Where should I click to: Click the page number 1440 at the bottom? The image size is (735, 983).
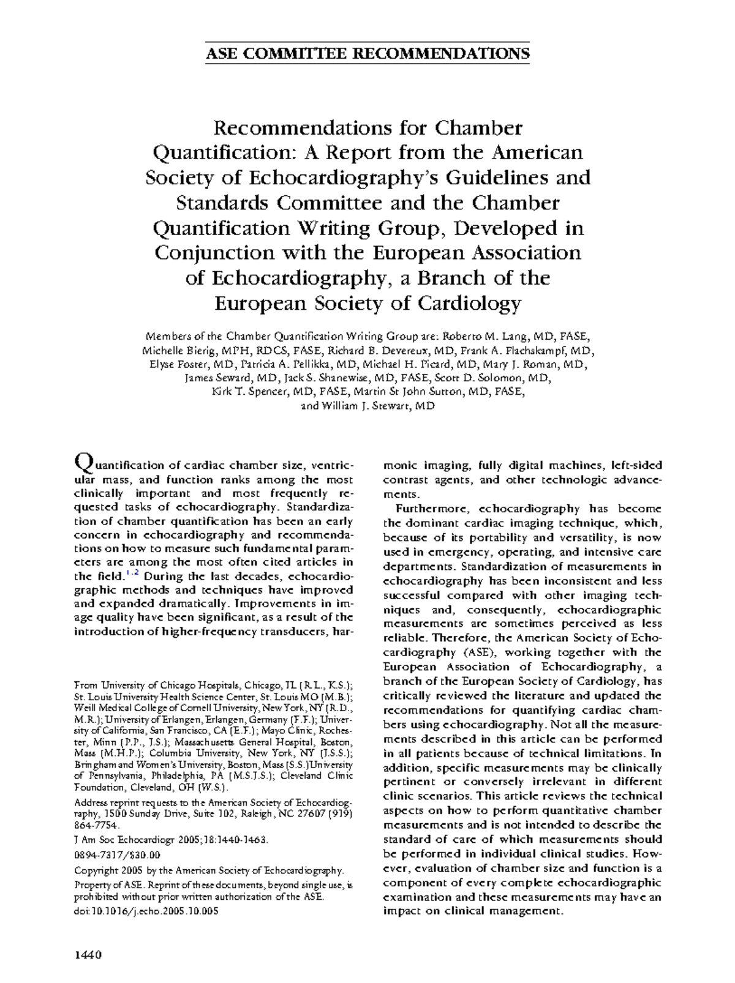coord(87,955)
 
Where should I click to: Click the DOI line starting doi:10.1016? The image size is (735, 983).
coord(146,910)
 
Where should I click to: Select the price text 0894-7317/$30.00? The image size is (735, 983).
coord(117,854)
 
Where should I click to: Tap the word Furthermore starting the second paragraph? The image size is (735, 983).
coord(426,509)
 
